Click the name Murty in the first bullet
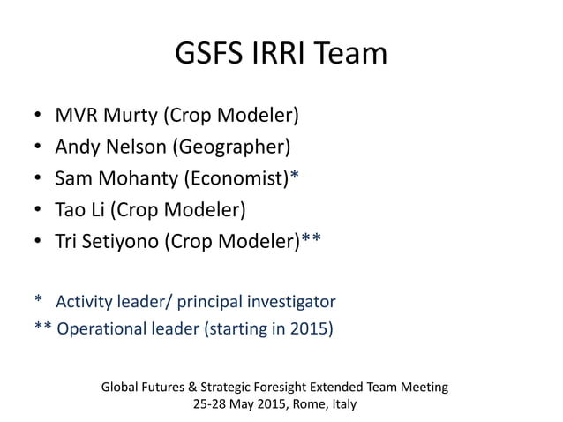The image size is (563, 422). pyautogui.click(x=132, y=116)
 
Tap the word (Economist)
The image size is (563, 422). pyautogui.click(x=237, y=179)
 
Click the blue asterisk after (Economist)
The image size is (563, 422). pyautogui.click(x=295, y=177)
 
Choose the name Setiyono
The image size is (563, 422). pyautogui.click(x=121, y=243)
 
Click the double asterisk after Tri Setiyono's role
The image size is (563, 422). pyautogui.click(x=312, y=240)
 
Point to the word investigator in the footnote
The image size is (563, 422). pyautogui.click(x=291, y=301)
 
